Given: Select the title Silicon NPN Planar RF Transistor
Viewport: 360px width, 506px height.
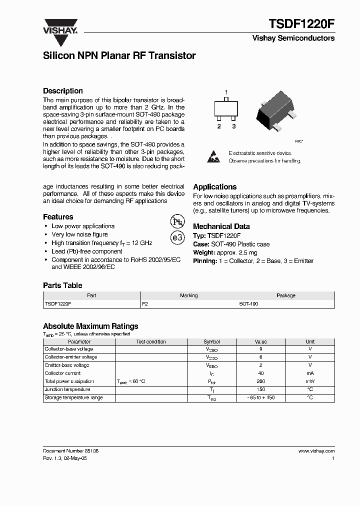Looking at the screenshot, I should click(x=119, y=56).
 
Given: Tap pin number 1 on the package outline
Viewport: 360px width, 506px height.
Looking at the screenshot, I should click(x=226, y=92).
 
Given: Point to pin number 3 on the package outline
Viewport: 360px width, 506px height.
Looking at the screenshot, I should click(x=233, y=126).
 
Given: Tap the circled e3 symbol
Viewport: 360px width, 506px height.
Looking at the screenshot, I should click(x=177, y=238).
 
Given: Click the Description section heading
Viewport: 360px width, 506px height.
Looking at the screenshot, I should click(x=63, y=91).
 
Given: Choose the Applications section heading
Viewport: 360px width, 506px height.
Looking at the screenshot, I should click(x=214, y=186).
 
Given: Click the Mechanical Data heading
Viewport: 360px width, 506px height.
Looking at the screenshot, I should click(x=221, y=226).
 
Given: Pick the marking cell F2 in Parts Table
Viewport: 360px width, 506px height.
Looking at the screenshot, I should click(x=145, y=303).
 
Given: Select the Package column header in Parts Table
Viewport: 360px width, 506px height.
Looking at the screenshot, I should click(x=286, y=295).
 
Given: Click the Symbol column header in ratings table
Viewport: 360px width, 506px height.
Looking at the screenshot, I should click(x=211, y=341).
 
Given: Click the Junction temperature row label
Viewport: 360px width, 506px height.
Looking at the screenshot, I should click(x=67, y=389).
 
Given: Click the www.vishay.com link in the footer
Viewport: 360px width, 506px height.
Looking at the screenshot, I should click(x=316, y=450).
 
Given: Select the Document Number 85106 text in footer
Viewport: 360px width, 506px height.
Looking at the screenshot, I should click(x=70, y=450).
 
